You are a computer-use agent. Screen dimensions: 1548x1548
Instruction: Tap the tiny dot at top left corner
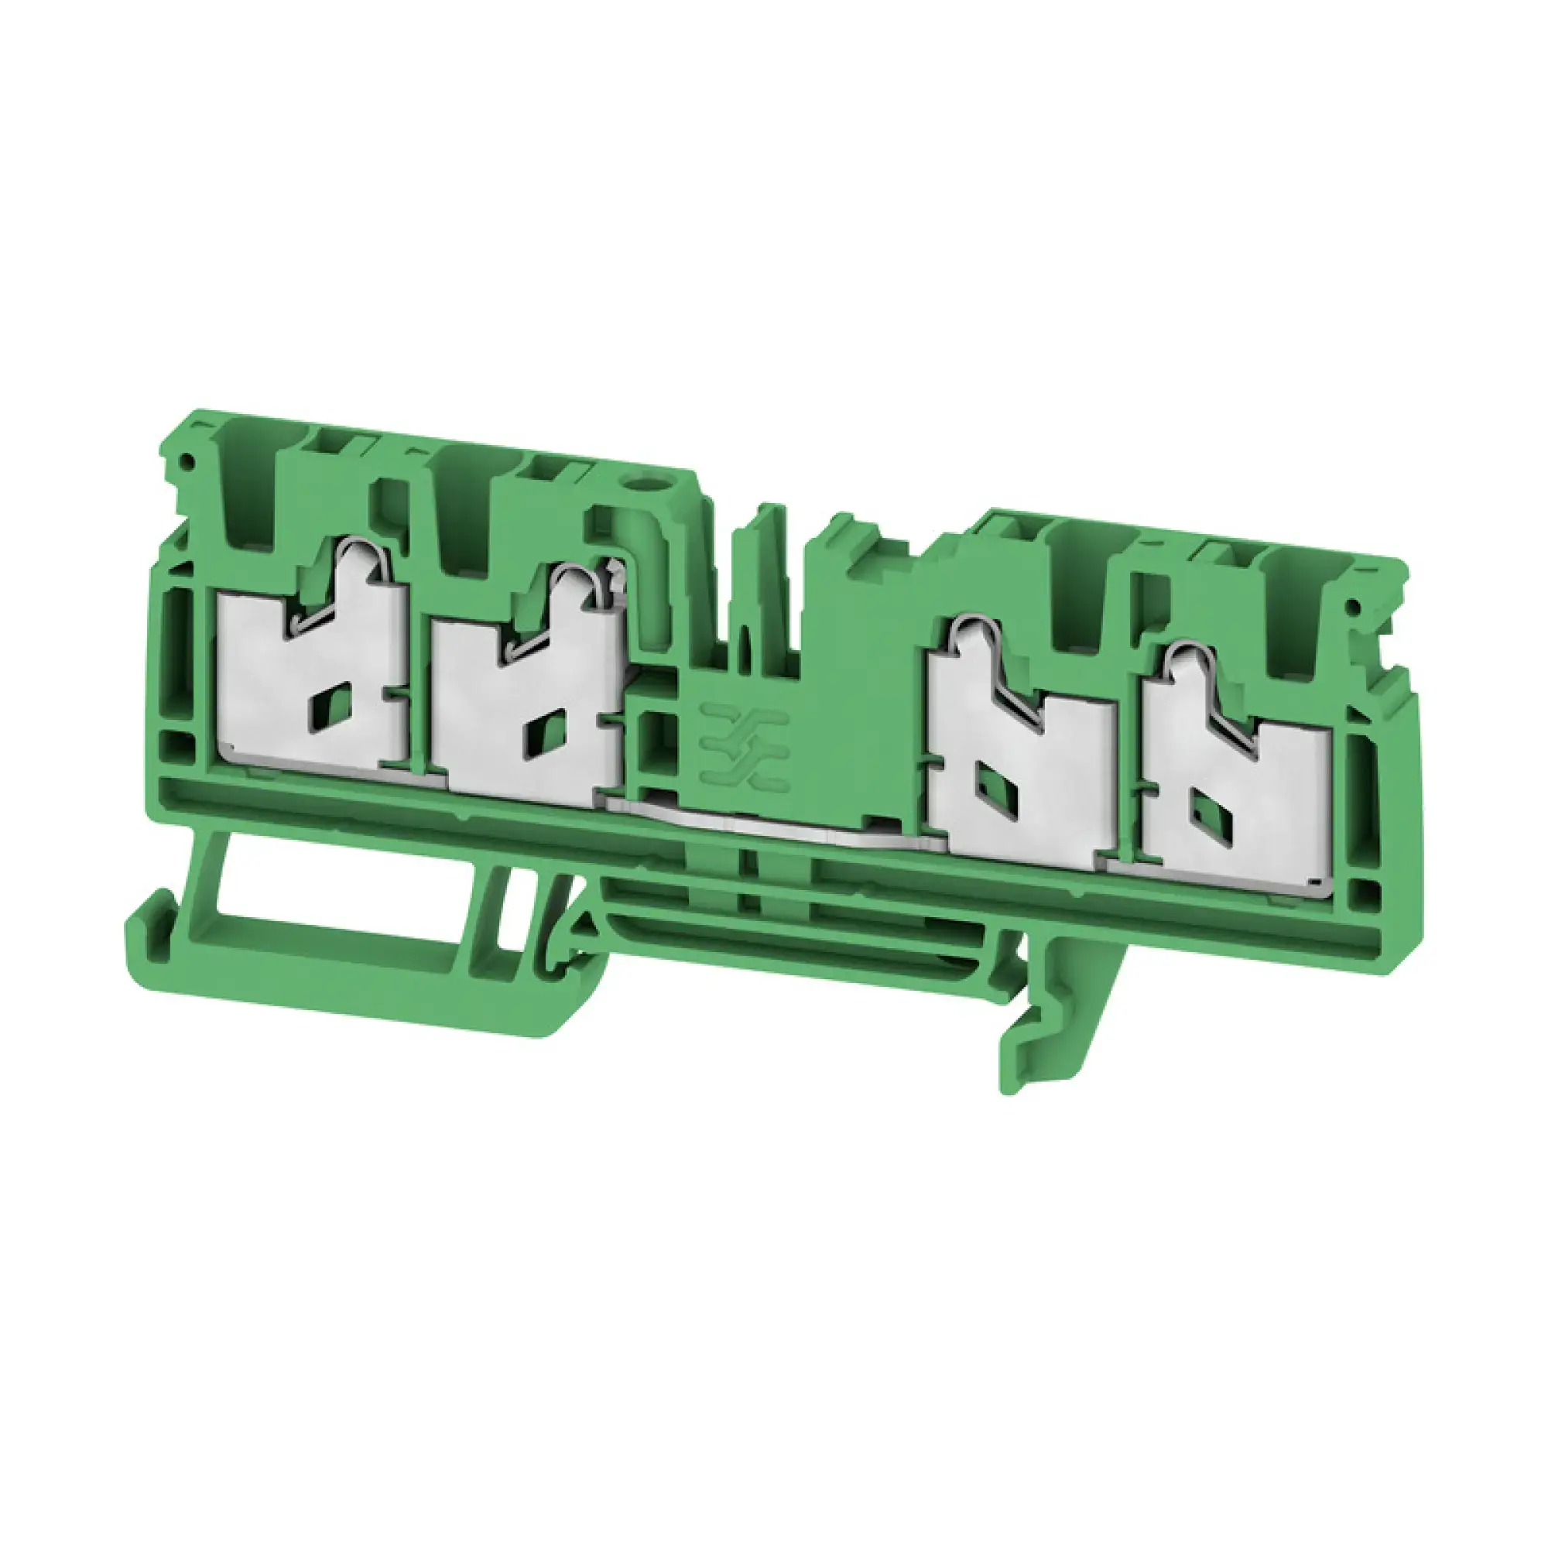pos(187,461)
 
